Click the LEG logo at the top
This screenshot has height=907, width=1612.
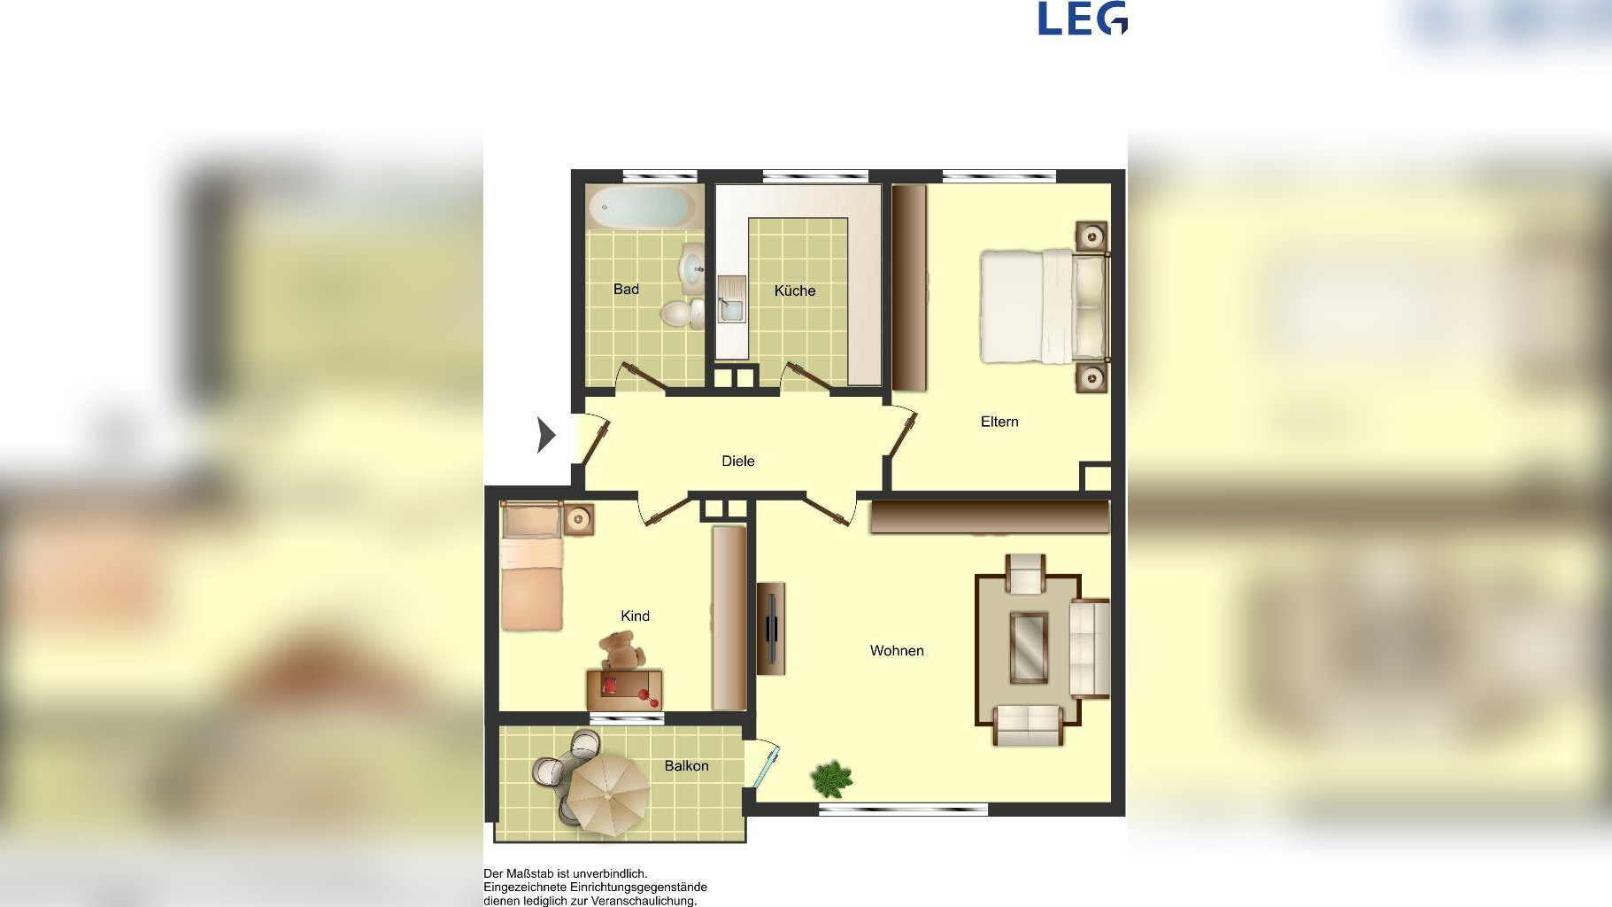[1083, 19]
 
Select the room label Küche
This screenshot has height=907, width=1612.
[794, 291]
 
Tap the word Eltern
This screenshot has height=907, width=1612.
[999, 422]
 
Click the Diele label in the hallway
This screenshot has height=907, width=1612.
[737, 461]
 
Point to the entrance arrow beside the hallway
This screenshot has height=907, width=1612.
[546, 435]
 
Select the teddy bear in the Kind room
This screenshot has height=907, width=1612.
[621, 651]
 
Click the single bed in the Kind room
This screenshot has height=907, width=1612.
[532, 566]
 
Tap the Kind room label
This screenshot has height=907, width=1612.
[635, 616]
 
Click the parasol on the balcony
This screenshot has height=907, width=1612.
[607, 794]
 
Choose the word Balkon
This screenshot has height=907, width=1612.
[686, 765]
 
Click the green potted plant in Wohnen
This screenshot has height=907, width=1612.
[831, 779]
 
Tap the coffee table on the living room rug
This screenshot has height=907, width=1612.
[1029, 647]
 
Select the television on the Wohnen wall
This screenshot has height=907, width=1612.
[772, 629]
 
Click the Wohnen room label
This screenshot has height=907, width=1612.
[897, 650]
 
